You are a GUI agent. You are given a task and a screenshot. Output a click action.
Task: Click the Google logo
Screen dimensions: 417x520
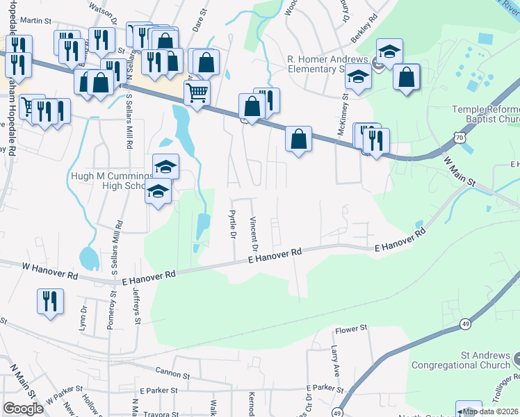[23, 409]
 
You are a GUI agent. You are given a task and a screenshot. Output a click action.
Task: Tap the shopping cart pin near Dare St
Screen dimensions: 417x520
[197, 91]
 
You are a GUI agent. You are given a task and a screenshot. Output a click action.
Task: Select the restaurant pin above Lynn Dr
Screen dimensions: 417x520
[49, 302]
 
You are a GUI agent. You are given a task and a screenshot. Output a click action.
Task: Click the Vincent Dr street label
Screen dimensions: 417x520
[254, 233]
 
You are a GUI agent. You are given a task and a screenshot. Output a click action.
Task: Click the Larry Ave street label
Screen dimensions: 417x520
[335, 361]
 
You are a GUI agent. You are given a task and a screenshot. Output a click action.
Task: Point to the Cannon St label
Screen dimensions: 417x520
[172, 375]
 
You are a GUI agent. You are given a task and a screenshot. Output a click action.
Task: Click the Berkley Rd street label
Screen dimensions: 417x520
[363, 15]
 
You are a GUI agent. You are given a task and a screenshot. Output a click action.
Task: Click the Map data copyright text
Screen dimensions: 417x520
[490, 411]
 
